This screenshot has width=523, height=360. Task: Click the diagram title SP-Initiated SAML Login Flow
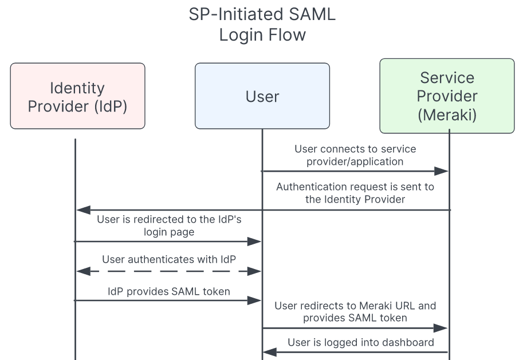pos(262,24)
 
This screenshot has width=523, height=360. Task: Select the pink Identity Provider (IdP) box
pos(77,96)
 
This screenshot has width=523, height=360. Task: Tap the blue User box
pos(262,96)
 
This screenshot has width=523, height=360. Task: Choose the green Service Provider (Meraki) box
pos(447,96)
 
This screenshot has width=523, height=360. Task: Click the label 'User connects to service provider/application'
pos(355,155)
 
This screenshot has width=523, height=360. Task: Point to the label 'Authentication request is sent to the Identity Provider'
pos(355,193)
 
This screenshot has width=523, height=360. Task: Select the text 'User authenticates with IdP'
pos(168,259)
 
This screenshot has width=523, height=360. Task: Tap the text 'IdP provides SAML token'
pos(168,291)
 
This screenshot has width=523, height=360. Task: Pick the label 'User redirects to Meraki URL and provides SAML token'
pos(355,311)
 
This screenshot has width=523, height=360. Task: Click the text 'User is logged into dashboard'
pos(360,342)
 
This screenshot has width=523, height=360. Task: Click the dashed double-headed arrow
pos(168,271)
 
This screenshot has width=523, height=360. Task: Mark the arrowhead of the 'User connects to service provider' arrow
pos(442,171)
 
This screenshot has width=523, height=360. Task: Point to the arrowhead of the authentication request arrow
pos(82,210)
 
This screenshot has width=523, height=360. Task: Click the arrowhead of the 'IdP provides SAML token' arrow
pos(255,300)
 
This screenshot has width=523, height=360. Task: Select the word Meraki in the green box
pos(447,114)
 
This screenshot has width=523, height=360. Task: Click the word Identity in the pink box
pos(77,88)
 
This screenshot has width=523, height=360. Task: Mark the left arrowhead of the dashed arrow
pos(82,271)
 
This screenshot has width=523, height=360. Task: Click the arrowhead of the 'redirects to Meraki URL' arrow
pos(441,328)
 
